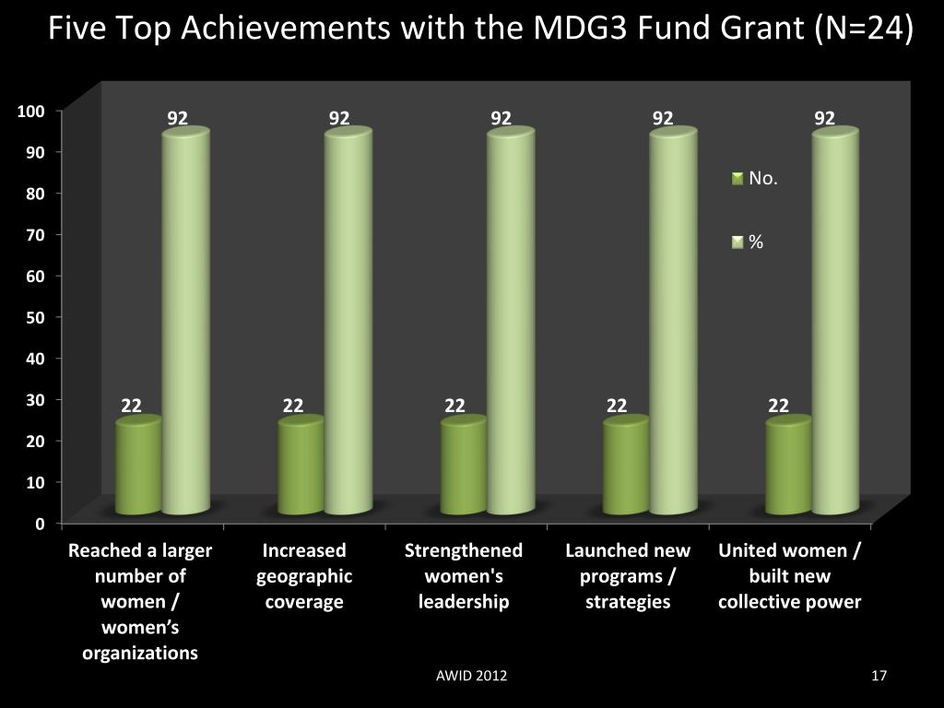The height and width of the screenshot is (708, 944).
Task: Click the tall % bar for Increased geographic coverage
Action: pyautogui.click(x=348, y=323)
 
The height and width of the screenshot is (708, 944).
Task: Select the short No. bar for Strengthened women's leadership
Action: pyautogui.click(x=463, y=466)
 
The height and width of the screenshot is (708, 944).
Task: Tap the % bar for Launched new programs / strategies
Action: pyautogui.click(x=673, y=323)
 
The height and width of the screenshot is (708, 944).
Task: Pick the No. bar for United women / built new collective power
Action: pyautogui.click(x=788, y=466)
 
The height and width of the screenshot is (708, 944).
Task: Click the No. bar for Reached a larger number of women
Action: pyautogui.click(x=138, y=466)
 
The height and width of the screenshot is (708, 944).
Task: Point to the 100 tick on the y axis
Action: pyautogui.click(x=31, y=112)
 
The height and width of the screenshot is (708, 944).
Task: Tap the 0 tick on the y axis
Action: pyautogui.click(x=40, y=524)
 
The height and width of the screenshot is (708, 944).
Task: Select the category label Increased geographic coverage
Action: pyautogui.click(x=304, y=576)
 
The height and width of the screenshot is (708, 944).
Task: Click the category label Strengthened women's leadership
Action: pyautogui.click(x=464, y=576)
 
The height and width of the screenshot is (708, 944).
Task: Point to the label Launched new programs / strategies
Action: pyautogui.click(x=628, y=576)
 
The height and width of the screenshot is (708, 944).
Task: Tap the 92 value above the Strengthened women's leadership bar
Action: pyautogui.click(x=501, y=118)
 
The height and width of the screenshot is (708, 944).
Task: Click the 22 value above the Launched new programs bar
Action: pyautogui.click(x=617, y=406)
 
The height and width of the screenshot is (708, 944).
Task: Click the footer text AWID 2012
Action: pyautogui.click(x=471, y=677)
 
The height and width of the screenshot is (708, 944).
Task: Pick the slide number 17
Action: pyautogui.click(x=879, y=677)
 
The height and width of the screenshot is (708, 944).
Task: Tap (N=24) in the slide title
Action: pyautogui.click(x=864, y=29)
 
